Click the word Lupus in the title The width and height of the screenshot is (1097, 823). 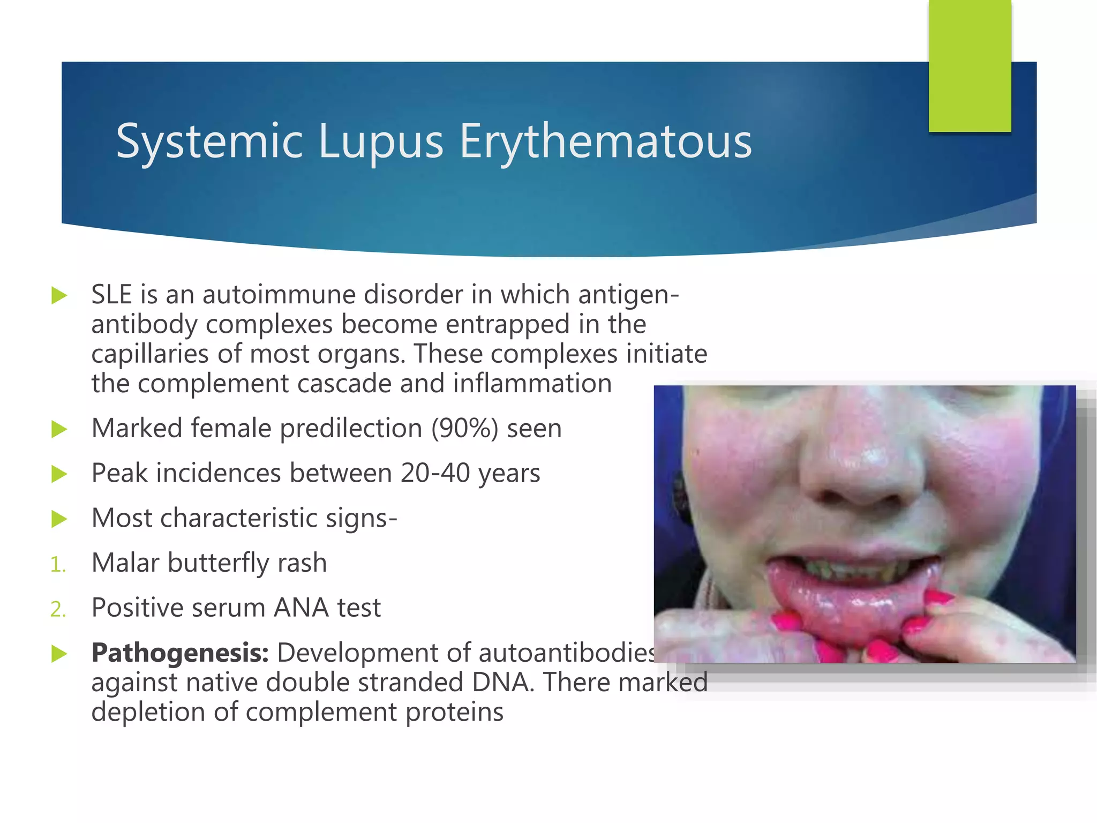tap(381, 141)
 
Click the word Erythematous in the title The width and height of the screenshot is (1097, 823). tap(606, 141)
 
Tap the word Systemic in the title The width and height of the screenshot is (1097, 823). tap(209, 141)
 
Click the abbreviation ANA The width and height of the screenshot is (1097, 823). tap(301, 608)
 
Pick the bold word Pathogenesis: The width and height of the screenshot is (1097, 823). tap(180, 653)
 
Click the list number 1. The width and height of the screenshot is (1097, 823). tap(57, 565)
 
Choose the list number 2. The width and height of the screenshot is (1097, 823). tap(57, 610)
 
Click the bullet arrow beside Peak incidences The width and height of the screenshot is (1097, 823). tap(59, 474)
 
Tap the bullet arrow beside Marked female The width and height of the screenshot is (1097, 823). tap(59, 429)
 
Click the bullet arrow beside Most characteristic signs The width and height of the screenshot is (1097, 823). tap(59, 519)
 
